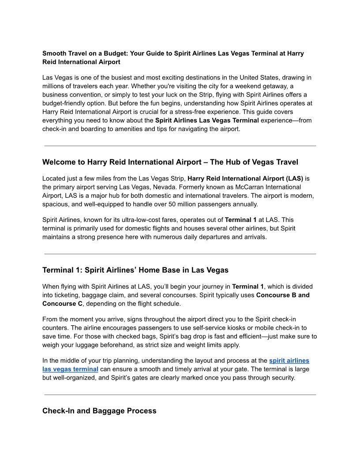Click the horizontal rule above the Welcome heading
pyautogui.click(x=180, y=146)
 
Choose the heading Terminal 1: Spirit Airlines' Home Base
pyautogui.click(x=135, y=270)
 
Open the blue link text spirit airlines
pyautogui.click(x=289, y=361)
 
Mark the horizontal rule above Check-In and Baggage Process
pyautogui.click(x=180, y=395)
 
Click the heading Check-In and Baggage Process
pyautogui.click(x=99, y=411)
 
